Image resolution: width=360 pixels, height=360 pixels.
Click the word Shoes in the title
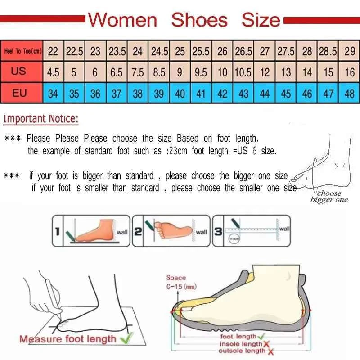(x=199, y=20)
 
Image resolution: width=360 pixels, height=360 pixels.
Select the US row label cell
(x=19, y=72)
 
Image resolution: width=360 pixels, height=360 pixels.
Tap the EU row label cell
(x=19, y=93)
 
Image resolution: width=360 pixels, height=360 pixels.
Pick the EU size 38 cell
(x=138, y=94)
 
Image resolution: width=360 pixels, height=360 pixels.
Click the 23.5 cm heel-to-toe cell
(x=117, y=51)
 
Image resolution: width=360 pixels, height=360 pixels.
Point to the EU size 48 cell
(x=350, y=94)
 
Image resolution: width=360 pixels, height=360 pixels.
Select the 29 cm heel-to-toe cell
(x=350, y=51)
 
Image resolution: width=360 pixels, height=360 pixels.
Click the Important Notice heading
(x=41, y=119)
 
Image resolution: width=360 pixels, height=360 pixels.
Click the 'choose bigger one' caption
(x=329, y=197)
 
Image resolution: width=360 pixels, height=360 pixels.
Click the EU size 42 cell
(x=222, y=94)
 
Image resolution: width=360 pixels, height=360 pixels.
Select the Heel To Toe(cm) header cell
(x=22, y=51)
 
